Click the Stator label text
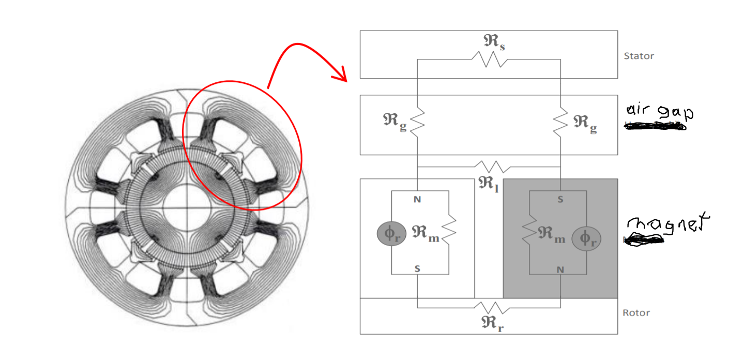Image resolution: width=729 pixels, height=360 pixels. coord(639,56)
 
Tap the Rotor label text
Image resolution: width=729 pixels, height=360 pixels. coord(636,313)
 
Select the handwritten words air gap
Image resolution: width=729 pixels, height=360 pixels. coord(658,112)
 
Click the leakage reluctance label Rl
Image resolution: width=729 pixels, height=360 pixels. coord(488,183)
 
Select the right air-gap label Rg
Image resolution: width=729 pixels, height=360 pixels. coord(585,122)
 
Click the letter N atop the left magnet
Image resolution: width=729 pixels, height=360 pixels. coord(417,199)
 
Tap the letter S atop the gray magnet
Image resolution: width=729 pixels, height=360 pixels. coord(560,199)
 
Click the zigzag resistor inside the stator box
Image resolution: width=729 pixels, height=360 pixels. coord(489,60)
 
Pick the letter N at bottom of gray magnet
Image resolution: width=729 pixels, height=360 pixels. coord(561,269)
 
